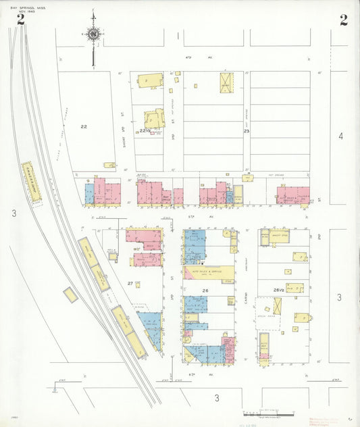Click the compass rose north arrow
[x=93, y=34]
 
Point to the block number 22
[x=84, y=126]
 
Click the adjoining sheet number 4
[x=340, y=136]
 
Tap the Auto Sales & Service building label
[x=209, y=272]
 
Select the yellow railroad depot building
[x=31, y=181]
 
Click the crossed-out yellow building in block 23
[x=226, y=82]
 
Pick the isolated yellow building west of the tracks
[x=70, y=295]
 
